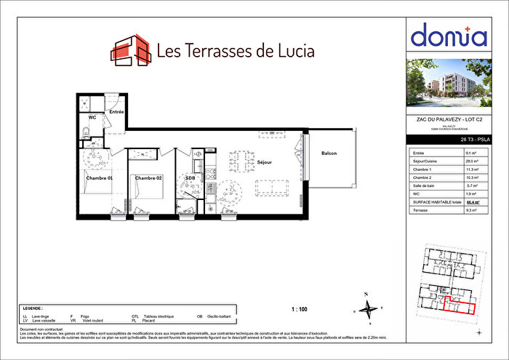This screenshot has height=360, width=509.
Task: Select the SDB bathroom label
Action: (x=190, y=178)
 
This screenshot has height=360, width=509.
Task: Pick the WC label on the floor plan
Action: (x=92, y=117)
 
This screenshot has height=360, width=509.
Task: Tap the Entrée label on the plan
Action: (x=116, y=112)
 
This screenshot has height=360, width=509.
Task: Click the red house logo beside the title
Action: (x=130, y=49)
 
